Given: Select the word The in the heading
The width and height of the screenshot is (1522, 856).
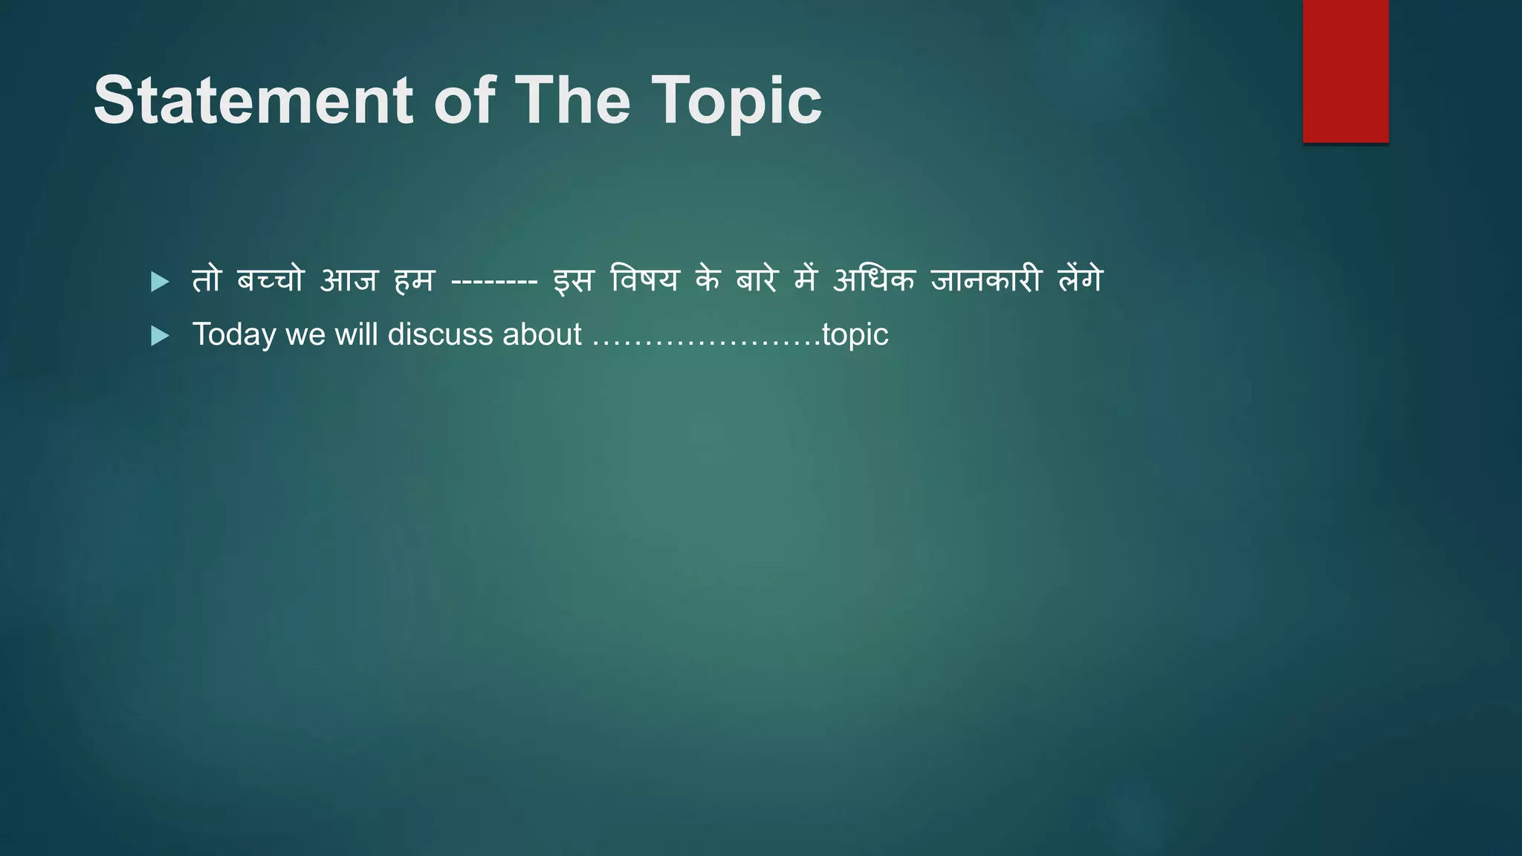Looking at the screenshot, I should pos(572,100).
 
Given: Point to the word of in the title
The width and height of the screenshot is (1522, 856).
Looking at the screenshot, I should pos(464,100).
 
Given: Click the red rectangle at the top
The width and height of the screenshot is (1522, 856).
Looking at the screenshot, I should pos(1345,71).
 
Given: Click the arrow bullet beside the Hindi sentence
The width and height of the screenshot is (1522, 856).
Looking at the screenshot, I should pos(160,282).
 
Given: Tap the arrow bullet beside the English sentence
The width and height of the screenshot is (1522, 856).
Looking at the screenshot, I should pos(160,337).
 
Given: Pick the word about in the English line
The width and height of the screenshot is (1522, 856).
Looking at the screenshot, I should pos(542,334).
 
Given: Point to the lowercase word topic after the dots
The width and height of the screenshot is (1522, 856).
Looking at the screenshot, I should pos(855,335).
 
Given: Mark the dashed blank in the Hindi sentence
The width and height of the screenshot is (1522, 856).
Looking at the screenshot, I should pos(494,282).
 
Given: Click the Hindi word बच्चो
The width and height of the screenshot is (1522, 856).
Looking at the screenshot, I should pos(271,280).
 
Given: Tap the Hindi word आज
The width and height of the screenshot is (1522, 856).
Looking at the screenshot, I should pos(349,280).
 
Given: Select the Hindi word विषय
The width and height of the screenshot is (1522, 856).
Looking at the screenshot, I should pos(644,280).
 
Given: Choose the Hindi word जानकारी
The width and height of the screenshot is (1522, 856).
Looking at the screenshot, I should pos(985,280).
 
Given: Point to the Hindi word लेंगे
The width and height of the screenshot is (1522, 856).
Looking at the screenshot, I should pos(1081,280).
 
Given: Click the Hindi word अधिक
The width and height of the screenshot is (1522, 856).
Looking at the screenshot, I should pos(873,280).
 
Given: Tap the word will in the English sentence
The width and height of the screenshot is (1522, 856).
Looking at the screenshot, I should pos(356,334).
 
